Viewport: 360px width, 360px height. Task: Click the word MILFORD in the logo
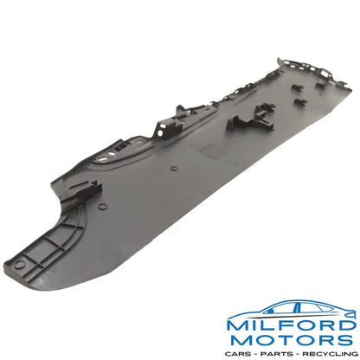(x=292, y=325)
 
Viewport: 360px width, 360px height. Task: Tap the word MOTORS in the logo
(x=292, y=340)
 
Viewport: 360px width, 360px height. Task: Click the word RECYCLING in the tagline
(x=330, y=354)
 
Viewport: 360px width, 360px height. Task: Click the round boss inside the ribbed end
(x=19, y=264)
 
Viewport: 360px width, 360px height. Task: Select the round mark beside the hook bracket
(x=103, y=206)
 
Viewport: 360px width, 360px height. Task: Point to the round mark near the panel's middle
(x=174, y=168)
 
